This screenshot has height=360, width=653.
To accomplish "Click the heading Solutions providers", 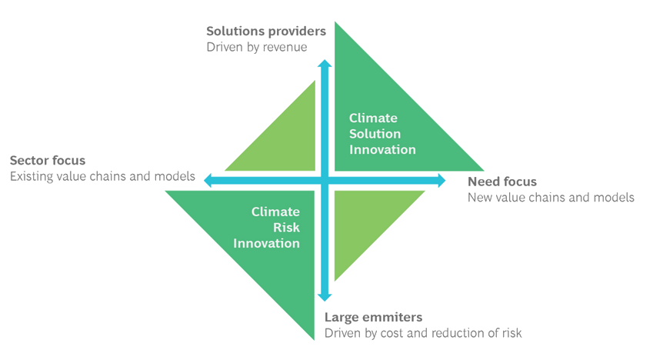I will (266, 32).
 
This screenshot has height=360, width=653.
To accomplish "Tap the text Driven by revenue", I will (257, 47).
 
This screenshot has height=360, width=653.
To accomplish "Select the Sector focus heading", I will (48, 161).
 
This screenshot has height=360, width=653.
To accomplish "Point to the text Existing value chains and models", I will (102, 176).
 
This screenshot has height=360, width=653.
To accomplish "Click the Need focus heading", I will (502, 182).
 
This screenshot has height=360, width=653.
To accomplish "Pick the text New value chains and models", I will (551, 198).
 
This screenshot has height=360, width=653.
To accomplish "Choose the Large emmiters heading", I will (373, 318).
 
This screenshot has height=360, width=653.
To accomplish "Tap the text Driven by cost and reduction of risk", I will (424, 333).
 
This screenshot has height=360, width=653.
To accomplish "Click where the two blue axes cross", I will (325, 180).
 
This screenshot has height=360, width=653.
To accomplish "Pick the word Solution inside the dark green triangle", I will (375, 134).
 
